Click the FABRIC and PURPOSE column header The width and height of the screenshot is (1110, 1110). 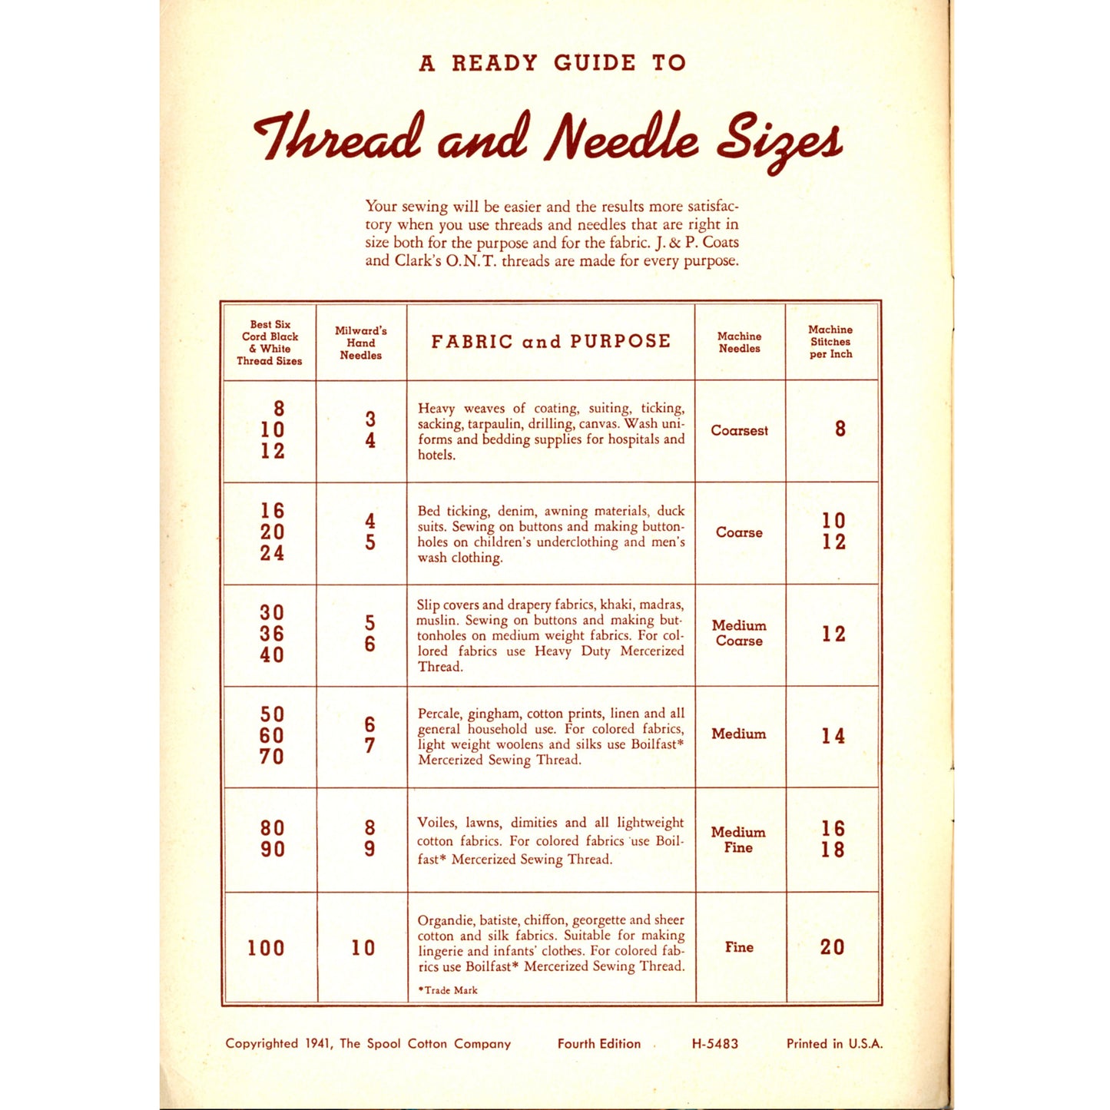click(x=551, y=342)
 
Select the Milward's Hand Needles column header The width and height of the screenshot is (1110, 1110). click(x=361, y=343)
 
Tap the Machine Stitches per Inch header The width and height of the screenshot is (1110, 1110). click(x=830, y=342)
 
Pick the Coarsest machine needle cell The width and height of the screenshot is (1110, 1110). click(x=739, y=431)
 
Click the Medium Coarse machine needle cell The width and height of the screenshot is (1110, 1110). click(x=739, y=633)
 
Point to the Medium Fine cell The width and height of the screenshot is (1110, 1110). click(x=738, y=840)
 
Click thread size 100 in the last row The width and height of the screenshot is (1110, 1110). click(x=266, y=948)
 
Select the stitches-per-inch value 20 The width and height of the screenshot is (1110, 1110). click(x=832, y=947)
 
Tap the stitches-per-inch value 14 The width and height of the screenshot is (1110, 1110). click(x=833, y=736)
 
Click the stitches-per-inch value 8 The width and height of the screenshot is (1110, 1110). click(x=840, y=429)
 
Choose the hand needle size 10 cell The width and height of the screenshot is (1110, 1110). click(x=363, y=948)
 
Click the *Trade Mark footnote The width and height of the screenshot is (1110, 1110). click(x=448, y=990)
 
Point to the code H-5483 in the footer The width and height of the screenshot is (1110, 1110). click(x=714, y=1044)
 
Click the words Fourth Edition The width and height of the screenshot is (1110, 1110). click(x=599, y=1044)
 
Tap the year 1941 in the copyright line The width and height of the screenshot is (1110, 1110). click(x=318, y=1043)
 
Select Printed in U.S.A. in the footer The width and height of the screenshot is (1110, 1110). click(x=834, y=1044)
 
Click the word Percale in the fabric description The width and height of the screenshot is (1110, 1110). click(x=439, y=714)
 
